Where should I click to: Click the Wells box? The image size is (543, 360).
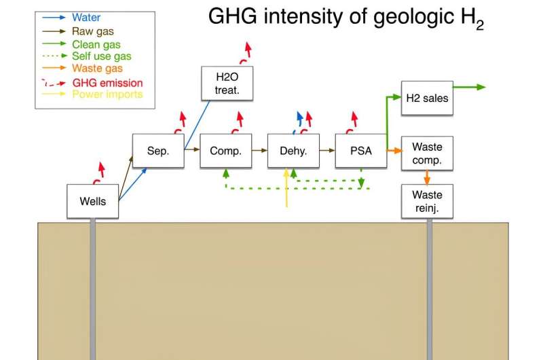click(x=93, y=201)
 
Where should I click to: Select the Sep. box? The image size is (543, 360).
click(x=158, y=151)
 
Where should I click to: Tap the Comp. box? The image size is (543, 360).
click(x=226, y=151)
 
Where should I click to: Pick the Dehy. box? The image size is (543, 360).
click(x=293, y=151)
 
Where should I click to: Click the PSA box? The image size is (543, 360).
click(x=361, y=151)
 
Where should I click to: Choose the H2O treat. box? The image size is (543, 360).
click(x=227, y=84)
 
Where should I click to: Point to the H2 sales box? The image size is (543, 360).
click(x=427, y=98)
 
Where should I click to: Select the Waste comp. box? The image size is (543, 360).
click(x=427, y=153)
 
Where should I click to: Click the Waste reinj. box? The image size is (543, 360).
click(x=427, y=201)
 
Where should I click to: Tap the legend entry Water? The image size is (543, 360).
click(x=86, y=18)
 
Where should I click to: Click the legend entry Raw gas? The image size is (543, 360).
click(x=93, y=31)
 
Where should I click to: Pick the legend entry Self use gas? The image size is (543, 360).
click(x=102, y=56)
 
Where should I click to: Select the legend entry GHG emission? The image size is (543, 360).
click(x=107, y=83)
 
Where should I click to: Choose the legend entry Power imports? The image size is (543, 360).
click(x=107, y=94)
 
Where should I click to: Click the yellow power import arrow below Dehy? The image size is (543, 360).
click(x=286, y=187)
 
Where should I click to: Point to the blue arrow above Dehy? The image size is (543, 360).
click(x=299, y=122)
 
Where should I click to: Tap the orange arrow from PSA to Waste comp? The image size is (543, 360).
click(x=394, y=151)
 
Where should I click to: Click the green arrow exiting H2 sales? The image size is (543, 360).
click(x=469, y=87)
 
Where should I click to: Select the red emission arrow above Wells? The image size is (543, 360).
click(x=99, y=173)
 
